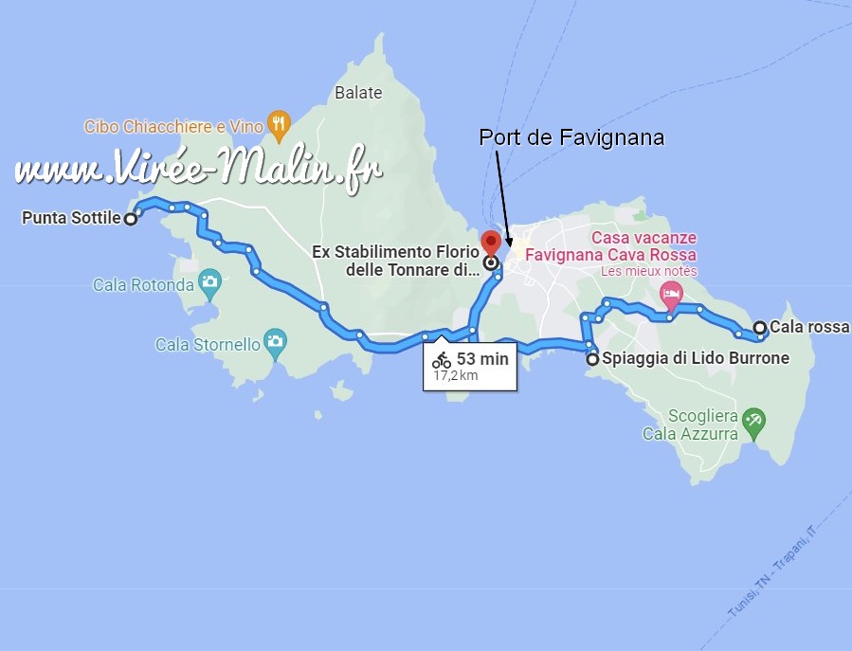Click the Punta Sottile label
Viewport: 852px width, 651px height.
pos(70,218)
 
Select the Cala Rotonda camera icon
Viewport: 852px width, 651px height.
pos(209,281)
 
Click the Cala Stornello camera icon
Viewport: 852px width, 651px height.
pos(275,341)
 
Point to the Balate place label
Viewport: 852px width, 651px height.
pos(358,92)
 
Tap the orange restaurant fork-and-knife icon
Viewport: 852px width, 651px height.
pos(278,121)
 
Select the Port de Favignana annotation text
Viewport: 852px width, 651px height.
pos(571,137)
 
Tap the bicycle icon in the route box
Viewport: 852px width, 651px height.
pos(442,360)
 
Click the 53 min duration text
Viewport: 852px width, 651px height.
pos(482,359)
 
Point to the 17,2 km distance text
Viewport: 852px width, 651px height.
pos(456,375)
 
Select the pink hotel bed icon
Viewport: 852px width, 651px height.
pos(671,292)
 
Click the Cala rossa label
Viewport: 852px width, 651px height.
pos(809,328)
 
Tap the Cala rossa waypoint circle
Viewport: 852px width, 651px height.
pos(760,328)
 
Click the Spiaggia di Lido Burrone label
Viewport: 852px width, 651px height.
pos(682,359)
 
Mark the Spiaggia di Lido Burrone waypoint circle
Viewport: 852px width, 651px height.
pos(593,359)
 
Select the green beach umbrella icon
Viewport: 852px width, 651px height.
pos(753,421)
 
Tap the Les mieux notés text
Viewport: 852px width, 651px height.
pos(649,271)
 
